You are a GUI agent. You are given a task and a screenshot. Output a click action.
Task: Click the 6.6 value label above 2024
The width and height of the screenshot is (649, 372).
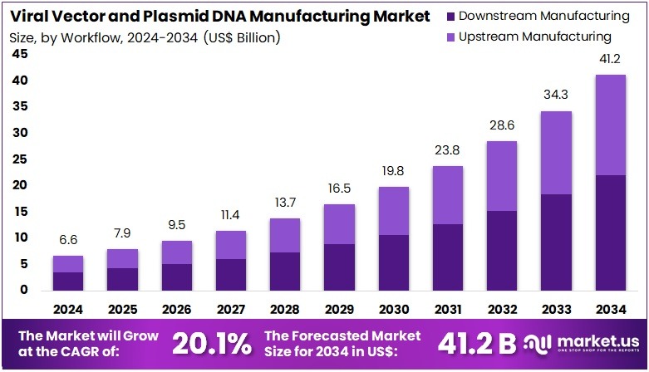pos(68,240)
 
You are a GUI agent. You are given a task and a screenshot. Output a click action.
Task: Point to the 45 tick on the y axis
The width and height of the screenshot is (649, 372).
pos(19,54)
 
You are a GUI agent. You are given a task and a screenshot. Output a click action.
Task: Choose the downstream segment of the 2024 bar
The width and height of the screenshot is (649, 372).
pos(68,281)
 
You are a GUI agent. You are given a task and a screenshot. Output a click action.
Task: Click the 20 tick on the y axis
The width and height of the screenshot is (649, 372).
pos(19,185)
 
